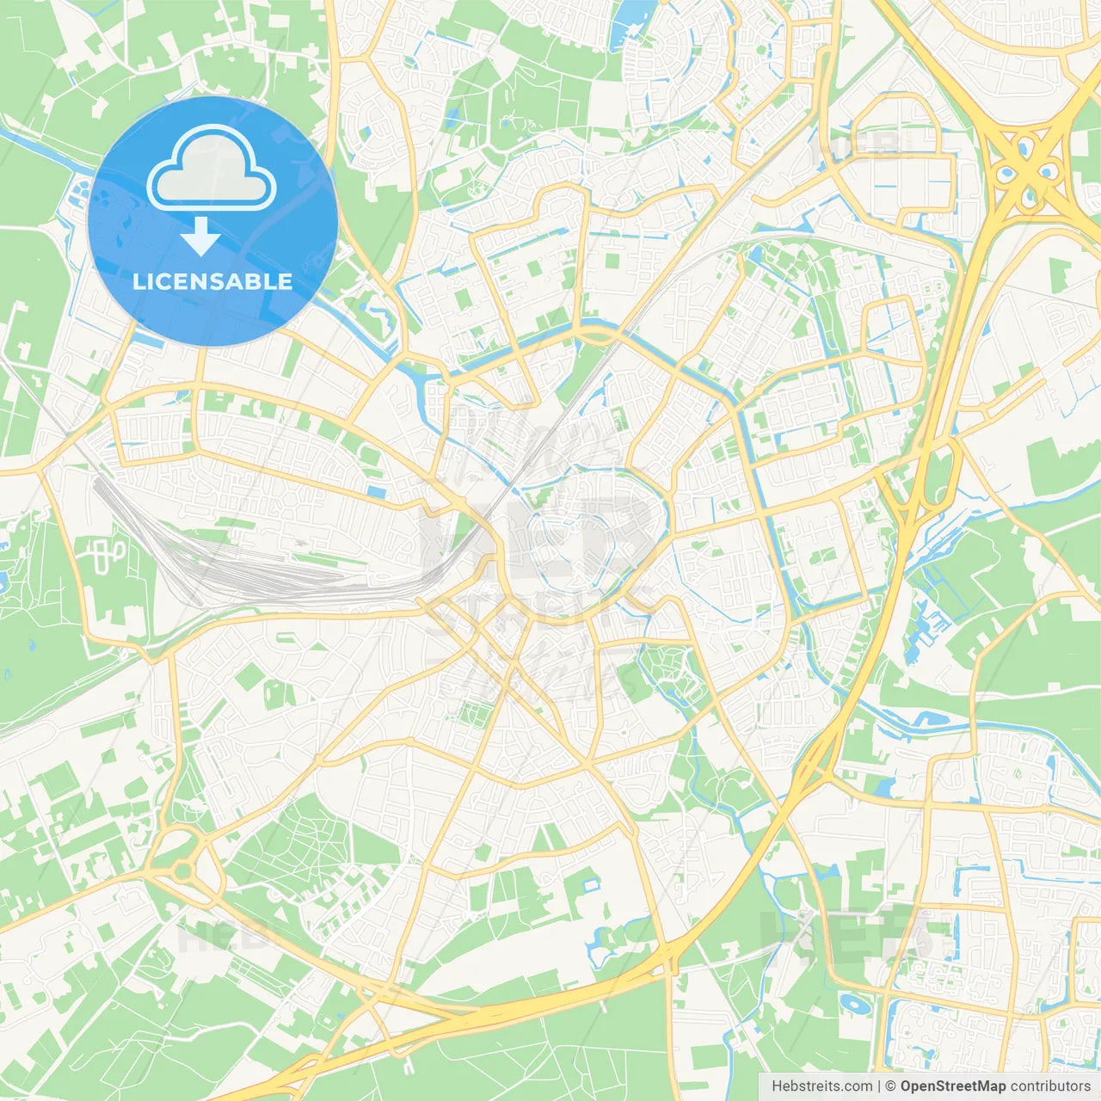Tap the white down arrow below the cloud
200,237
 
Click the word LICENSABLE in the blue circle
212,281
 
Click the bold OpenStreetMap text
953,1086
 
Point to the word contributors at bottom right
1050,1086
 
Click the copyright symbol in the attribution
890,1086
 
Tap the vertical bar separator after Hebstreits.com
879,1086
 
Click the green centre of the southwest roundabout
182,871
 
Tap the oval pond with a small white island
852,1003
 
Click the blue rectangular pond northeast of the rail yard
376,492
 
